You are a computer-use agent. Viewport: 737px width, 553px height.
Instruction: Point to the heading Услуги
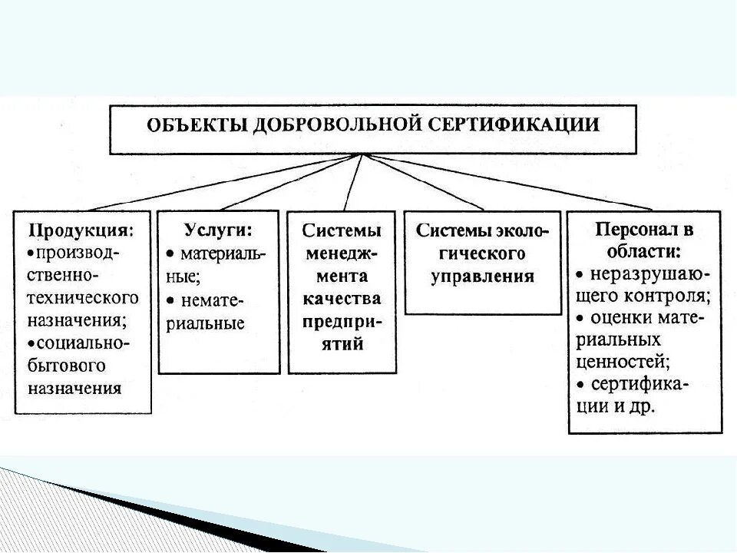[x=219, y=230]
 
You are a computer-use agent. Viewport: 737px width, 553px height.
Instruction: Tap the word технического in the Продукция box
[x=84, y=296]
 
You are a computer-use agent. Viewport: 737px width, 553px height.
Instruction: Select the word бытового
[x=67, y=365]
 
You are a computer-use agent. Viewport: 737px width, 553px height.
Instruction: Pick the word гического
[x=482, y=254]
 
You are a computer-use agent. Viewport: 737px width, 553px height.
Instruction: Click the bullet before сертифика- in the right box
[x=581, y=384]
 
